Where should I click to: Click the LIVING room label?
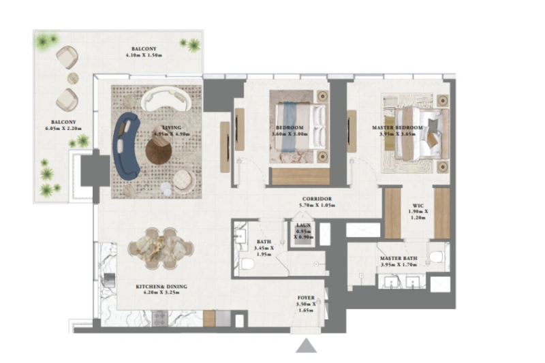(x=161, y=128)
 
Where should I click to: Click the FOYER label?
(x=306, y=298)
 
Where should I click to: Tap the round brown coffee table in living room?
(x=159, y=153)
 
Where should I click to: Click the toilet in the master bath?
(x=435, y=257)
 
